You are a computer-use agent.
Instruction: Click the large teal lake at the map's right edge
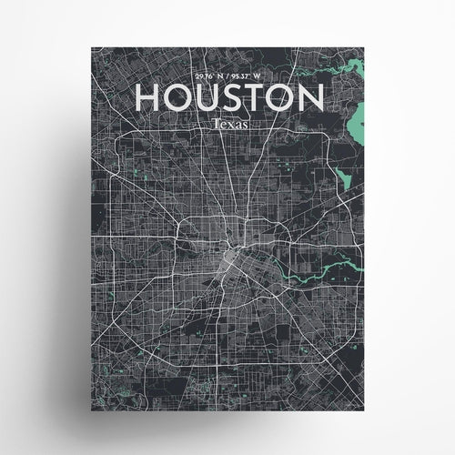pos(358,118)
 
